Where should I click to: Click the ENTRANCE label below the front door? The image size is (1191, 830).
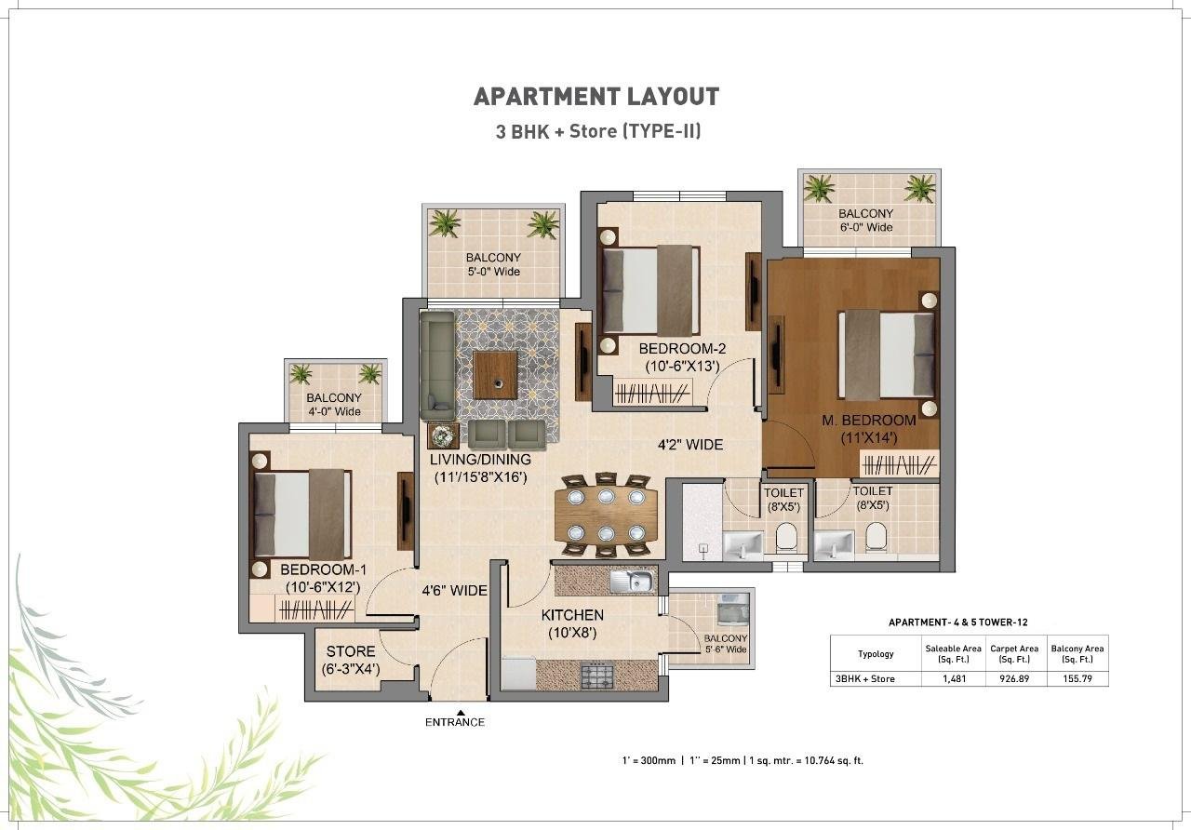(x=455, y=722)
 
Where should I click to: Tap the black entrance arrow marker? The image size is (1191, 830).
(x=461, y=713)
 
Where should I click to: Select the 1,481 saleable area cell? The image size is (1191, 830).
(x=954, y=679)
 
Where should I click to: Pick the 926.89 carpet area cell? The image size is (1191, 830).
(x=1014, y=679)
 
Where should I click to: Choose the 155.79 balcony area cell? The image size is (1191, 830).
(x=1077, y=679)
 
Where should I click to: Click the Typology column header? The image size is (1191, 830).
(x=876, y=654)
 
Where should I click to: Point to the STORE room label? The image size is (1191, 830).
(x=351, y=651)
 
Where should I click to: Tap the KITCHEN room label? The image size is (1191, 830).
(x=572, y=615)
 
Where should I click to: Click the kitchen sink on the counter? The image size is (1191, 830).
(x=633, y=581)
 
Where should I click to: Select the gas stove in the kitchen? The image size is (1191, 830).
(x=597, y=676)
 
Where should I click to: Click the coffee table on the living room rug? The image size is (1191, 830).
(x=495, y=375)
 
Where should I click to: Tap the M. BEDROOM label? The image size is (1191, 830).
(x=869, y=420)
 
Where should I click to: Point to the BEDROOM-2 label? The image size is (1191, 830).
(x=682, y=349)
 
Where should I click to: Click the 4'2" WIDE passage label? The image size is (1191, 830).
(x=690, y=445)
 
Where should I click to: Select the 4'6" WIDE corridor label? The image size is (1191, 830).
(x=454, y=590)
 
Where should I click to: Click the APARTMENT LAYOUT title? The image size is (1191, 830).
(x=596, y=97)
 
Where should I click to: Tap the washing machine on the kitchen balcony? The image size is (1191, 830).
(x=732, y=609)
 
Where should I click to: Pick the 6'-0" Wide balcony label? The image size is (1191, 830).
(x=865, y=227)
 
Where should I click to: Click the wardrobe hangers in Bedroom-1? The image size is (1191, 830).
(x=315, y=609)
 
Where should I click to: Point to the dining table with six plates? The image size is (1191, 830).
(x=606, y=515)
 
